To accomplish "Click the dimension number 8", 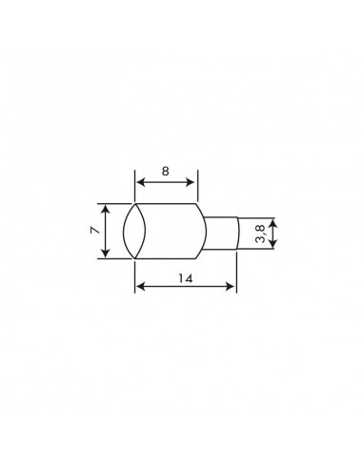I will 165,172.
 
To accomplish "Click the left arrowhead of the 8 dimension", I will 138,182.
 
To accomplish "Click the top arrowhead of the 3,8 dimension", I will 273,221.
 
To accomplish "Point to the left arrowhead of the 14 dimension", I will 138,286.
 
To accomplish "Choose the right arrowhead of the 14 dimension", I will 232,286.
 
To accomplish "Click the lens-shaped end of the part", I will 134,230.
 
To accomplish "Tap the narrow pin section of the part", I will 221,234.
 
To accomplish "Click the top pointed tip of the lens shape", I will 134,202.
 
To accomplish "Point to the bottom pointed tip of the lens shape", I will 134,258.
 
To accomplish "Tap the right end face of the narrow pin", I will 235,234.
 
